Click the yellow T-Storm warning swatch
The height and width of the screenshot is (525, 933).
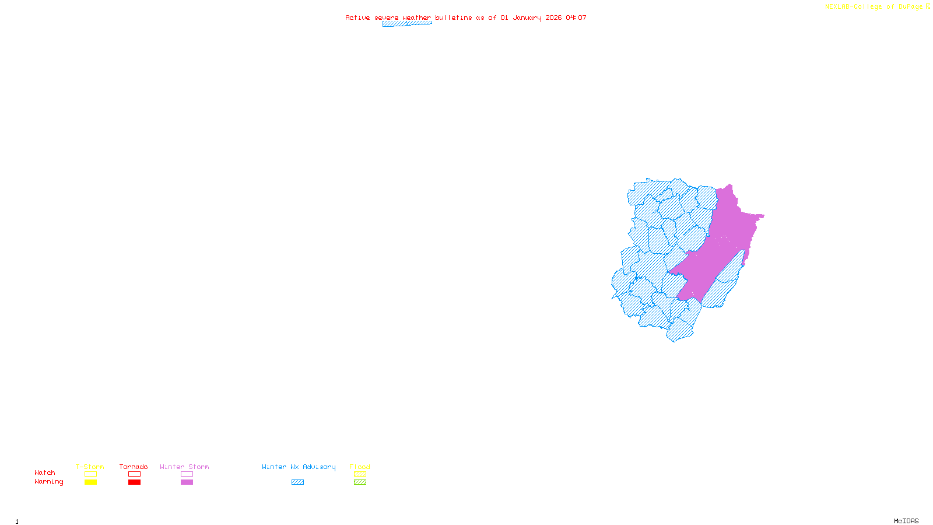pyautogui.click(x=90, y=482)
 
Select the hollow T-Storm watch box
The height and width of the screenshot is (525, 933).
pyautogui.click(x=90, y=474)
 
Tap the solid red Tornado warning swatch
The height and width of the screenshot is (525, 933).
pyautogui.click(x=134, y=482)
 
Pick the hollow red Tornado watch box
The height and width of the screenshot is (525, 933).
pyautogui.click(x=134, y=474)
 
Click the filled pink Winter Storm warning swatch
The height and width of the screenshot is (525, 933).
pyautogui.click(x=187, y=482)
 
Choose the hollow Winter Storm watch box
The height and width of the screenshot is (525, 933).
pyautogui.click(x=187, y=474)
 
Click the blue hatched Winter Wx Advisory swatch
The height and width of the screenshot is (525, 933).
pyautogui.click(x=297, y=482)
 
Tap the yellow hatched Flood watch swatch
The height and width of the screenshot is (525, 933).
pyautogui.click(x=360, y=474)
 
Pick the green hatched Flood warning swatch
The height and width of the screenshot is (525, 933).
pyautogui.click(x=360, y=482)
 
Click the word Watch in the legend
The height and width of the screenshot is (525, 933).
pyautogui.click(x=45, y=473)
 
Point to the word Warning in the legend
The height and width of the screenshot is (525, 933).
pyautogui.click(x=48, y=482)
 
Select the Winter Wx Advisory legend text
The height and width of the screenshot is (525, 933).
pyautogui.click(x=299, y=467)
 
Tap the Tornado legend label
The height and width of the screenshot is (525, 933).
pyautogui.click(x=134, y=467)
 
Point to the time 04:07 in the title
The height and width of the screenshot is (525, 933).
pyautogui.click(x=576, y=17)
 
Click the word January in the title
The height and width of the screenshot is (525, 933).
pyautogui.click(x=527, y=17)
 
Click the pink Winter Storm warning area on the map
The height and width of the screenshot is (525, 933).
pyautogui.click(x=723, y=245)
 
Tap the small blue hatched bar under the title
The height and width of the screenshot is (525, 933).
pyautogui.click(x=407, y=24)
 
